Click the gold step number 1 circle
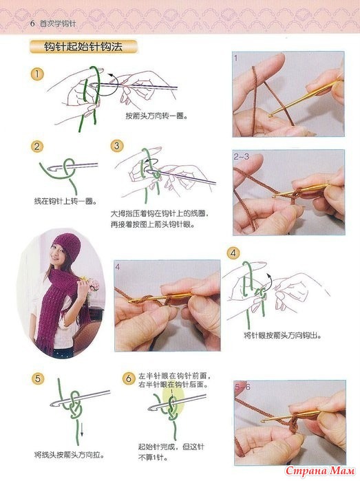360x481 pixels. point(37,74)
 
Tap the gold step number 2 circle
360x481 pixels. point(37,147)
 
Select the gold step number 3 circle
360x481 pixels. point(116,146)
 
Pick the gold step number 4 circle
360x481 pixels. point(233,253)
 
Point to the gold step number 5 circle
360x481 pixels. point(37,378)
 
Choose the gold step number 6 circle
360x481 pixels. point(129,378)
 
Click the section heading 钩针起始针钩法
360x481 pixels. point(83,47)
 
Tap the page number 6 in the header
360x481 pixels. point(32,23)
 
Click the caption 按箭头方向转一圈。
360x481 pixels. point(156,116)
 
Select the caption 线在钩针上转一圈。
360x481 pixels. point(65,202)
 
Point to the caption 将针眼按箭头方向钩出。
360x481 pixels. point(283,335)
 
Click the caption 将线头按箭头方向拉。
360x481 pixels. point(70,454)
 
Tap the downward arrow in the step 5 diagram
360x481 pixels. point(82,429)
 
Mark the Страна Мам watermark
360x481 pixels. point(320,471)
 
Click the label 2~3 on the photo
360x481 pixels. point(241,157)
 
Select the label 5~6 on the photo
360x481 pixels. point(242,387)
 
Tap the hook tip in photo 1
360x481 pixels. point(271,116)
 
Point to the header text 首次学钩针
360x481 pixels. point(58,23)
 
